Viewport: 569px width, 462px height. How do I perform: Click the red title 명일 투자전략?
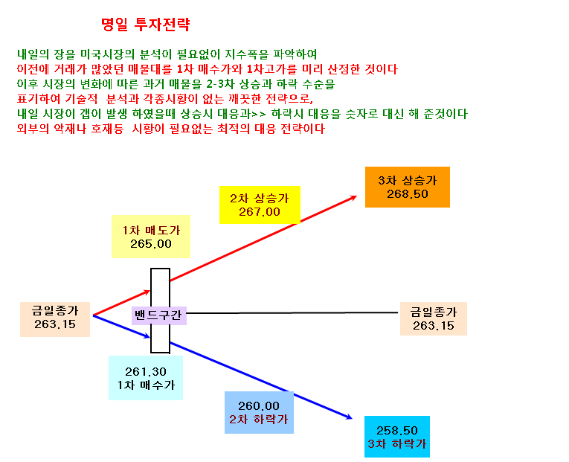click(146, 25)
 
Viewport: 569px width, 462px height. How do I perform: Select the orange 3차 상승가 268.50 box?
click(407, 187)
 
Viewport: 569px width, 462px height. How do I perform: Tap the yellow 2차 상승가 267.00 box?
click(260, 205)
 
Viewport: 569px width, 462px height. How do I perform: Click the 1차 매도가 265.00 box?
click(151, 237)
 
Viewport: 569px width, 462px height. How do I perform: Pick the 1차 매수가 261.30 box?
click(146, 378)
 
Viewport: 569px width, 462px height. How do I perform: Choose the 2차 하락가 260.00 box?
click(259, 413)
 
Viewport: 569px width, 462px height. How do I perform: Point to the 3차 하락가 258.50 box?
click(397, 437)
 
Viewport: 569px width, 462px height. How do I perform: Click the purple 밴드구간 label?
click(158, 315)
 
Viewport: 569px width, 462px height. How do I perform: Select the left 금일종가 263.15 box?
click(55, 319)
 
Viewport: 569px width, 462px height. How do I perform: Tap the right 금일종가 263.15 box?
click(434, 318)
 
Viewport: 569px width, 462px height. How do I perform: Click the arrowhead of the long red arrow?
click(353, 198)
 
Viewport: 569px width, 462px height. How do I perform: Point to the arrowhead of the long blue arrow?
click(349, 417)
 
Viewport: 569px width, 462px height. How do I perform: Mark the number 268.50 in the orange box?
click(408, 194)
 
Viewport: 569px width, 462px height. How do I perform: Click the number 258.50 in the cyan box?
click(397, 431)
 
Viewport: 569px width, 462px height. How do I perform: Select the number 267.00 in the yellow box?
click(260, 212)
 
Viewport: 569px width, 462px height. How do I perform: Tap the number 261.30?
click(146, 372)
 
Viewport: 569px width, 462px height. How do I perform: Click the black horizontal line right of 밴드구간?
click(292, 313)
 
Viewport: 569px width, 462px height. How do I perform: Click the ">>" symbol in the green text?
click(258, 115)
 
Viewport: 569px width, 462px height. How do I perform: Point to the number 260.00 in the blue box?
click(259, 405)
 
